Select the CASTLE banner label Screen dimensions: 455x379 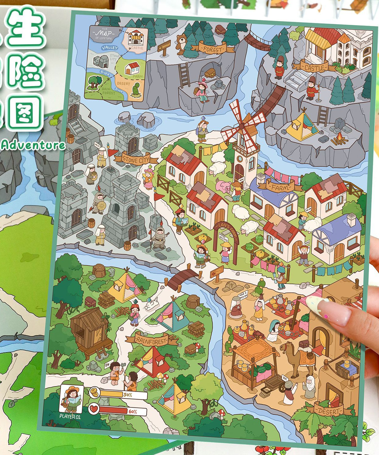[314, 67]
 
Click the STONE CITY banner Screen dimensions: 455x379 [139, 158]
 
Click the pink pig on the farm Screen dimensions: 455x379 [224, 186]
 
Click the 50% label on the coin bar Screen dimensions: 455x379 [128, 395]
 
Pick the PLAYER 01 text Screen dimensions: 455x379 [70, 416]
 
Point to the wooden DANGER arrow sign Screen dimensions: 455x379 [164, 46]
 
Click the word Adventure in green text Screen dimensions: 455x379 [33, 145]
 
